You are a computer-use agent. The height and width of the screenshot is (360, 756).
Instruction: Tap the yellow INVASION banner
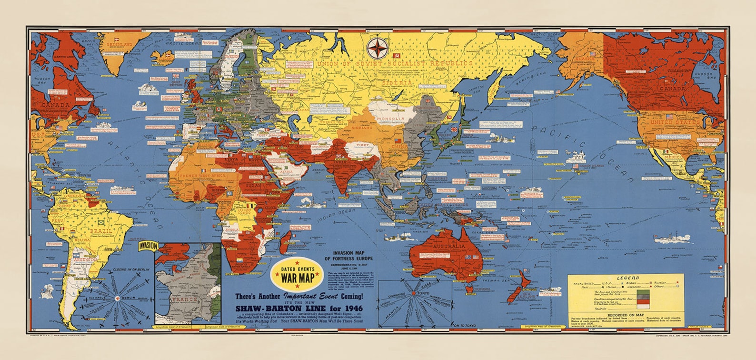click(148, 246)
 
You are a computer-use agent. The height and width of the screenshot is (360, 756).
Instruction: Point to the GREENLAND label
click(120, 44)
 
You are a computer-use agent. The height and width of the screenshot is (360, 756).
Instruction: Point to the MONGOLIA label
click(390, 118)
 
